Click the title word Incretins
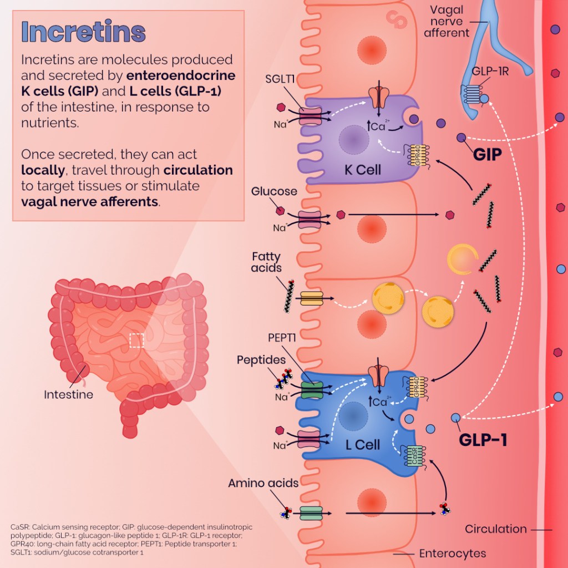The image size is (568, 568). pos(83,32)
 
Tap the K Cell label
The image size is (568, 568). pos(363,169)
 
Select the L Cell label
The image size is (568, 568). pos(363,444)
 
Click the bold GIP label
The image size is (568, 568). pos(487,154)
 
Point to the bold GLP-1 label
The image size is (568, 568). pos(483,440)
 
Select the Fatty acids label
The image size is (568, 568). pos(266,262)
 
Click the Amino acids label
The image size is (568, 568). pos(263,483)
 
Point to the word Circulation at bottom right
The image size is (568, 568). pos(495,529)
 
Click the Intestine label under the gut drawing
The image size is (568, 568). pos(68,395)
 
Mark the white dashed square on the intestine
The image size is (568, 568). pos(136,341)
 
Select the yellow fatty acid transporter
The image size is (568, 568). pos(311,299)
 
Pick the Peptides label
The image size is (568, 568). pos(261,359)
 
